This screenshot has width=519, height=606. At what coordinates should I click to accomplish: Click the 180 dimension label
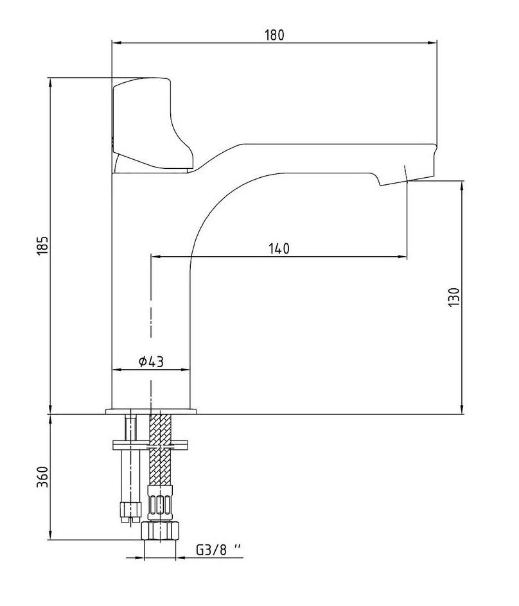click(274, 35)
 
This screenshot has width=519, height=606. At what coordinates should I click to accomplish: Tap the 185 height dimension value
click(43, 245)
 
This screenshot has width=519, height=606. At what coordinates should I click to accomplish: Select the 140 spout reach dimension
click(279, 248)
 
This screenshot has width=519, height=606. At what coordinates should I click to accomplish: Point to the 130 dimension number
click(454, 297)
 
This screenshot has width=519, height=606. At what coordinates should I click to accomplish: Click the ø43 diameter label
click(151, 362)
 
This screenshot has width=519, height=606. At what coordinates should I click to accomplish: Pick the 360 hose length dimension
click(43, 477)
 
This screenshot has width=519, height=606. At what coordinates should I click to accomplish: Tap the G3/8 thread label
click(218, 550)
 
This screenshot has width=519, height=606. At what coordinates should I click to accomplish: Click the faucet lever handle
click(152, 124)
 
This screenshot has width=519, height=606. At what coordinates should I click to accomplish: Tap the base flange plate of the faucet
click(151, 411)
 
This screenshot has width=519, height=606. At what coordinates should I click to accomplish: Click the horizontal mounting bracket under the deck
click(150, 445)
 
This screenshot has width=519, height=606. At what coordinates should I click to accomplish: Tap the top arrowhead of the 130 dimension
click(462, 186)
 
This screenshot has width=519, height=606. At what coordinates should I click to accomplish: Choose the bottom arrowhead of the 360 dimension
click(50, 535)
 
